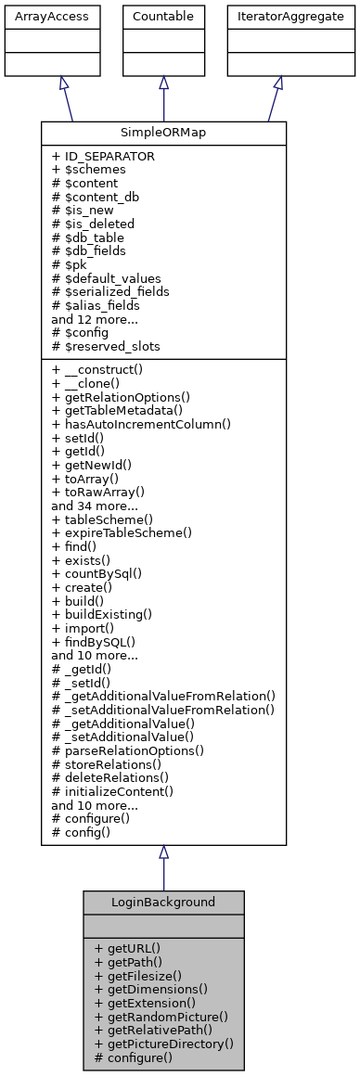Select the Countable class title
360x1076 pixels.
point(163,16)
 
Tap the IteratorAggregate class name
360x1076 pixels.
point(277,16)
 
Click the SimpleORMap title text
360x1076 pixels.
point(163,133)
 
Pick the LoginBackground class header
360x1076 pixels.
point(163,902)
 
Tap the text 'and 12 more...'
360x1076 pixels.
point(95,319)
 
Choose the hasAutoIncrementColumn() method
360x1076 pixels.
point(141,422)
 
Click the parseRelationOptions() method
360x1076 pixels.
point(128,749)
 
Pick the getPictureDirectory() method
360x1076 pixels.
point(163,1044)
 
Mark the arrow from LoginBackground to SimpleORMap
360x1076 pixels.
point(163,868)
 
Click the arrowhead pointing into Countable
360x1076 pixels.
point(163,83)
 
